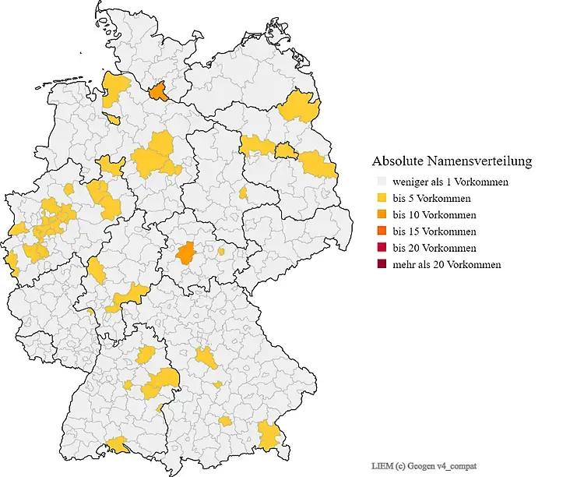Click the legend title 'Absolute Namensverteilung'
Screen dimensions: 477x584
[x=452, y=161]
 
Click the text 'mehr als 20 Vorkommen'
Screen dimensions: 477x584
[x=446, y=264]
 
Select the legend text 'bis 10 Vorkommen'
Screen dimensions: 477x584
[x=434, y=214]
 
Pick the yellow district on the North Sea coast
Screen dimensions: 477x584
[x=115, y=88]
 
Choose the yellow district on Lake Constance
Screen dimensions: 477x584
[x=119, y=444]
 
